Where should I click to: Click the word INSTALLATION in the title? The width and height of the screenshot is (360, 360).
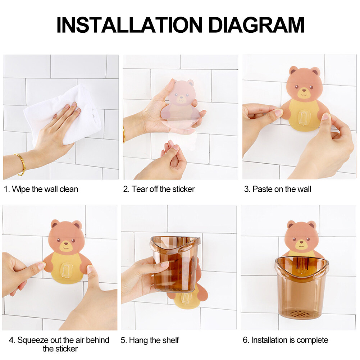click(129, 25)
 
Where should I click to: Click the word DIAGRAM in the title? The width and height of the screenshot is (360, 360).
click(256, 25)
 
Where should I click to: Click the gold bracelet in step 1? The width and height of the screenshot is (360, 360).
click(20, 164)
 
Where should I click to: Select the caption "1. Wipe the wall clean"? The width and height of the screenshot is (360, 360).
click(41, 189)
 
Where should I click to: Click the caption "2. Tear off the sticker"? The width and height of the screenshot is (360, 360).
click(159, 189)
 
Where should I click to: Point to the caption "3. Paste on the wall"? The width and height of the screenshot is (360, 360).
click(278, 189)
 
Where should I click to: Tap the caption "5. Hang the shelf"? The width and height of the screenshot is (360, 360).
click(150, 340)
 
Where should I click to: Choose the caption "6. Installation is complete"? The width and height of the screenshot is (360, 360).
click(286, 340)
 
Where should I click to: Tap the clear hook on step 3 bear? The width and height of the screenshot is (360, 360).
click(303, 118)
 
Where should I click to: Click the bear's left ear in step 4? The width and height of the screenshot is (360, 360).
click(55, 224)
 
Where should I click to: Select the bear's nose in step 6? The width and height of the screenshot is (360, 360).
click(301, 242)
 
